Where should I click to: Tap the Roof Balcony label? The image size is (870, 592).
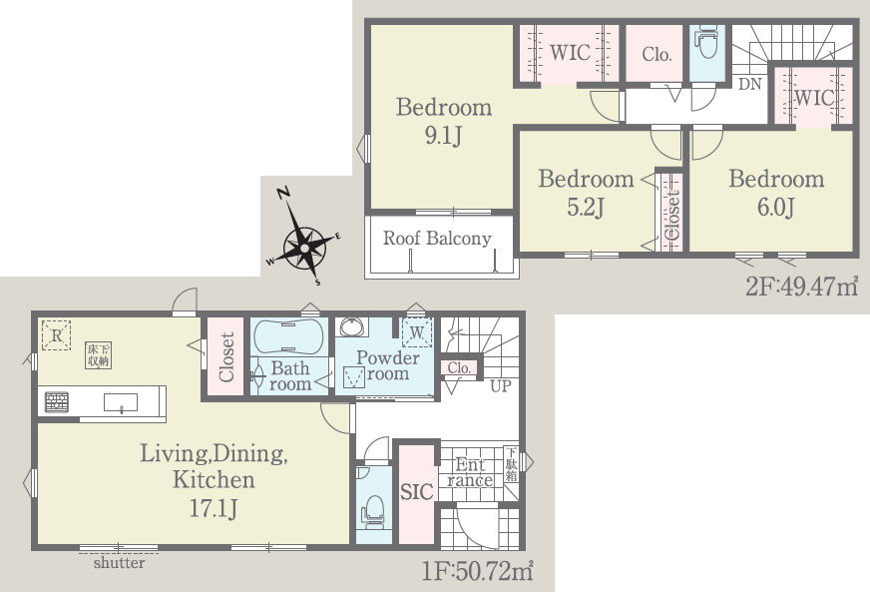pyautogui.click(x=437, y=239)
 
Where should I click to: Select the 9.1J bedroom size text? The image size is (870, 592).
pyautogui.click(x=443, y=136)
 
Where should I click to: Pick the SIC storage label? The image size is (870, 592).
pyautogui.click(x=417, y=491)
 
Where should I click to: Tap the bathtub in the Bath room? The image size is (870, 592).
pyautogui.click(x=287, y=335)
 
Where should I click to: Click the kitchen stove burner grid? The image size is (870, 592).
pyautogui.click(x=57, y=401)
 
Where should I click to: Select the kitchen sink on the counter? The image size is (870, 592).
pyautogui.click(x=121, y=402)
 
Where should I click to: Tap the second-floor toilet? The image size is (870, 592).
pyautogui.click(x=706, y=41)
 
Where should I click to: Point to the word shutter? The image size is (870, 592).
pyautogui.click(x=119, y=563)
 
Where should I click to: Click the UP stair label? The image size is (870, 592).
pyautogui.click(x=500, y=385)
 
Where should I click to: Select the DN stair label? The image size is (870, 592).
pyautogui.click(x=749, y=84)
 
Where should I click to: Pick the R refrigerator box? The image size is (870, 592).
pyautogui.click(x=57, y=334)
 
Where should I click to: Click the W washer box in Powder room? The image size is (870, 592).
pyautogui.click(x=417, y=332)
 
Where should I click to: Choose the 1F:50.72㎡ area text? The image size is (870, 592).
pyautogui.click(x=477, y=570)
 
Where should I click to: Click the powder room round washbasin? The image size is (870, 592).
pyautogui.click(x=352, y=327)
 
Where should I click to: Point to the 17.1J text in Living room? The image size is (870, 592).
pyautogui.click(x=214, y=508)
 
